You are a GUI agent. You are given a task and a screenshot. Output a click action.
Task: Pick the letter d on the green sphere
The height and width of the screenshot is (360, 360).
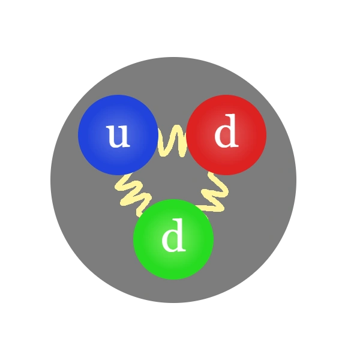173,238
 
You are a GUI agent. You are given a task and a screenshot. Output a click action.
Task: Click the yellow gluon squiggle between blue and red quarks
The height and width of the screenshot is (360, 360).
173,141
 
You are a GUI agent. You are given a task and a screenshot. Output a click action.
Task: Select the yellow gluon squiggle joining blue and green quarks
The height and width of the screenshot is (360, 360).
132,192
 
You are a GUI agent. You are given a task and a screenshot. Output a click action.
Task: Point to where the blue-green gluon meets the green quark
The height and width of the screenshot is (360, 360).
144,211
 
